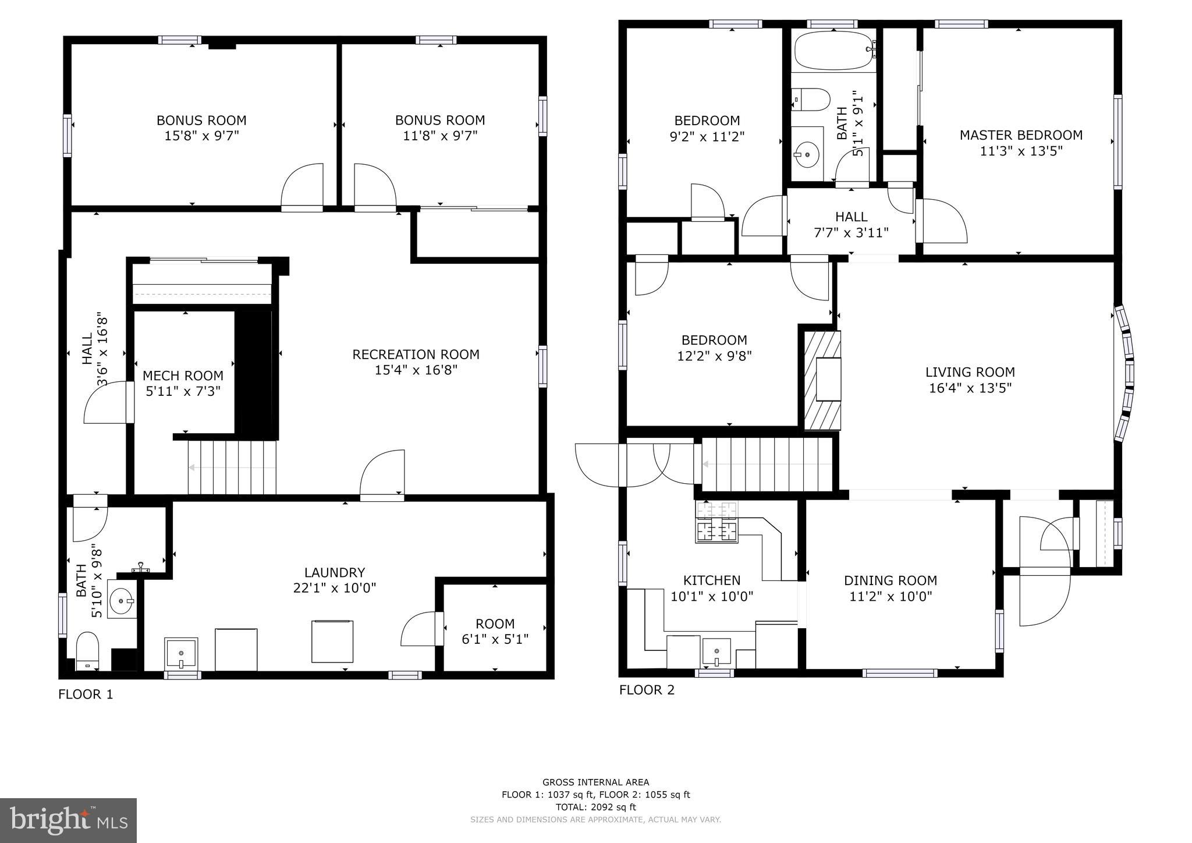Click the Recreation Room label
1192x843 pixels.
click(416, 354)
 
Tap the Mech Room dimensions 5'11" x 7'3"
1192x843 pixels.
click(183, 391)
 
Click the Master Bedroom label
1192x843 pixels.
click(1021, 135)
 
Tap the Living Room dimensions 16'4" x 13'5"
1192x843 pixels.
click(970, 388)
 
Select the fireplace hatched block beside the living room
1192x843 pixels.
click(822, 380)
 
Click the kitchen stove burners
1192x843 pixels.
click(716, 522)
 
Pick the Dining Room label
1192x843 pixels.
click(891, 580)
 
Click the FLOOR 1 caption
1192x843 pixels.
click(86, 695)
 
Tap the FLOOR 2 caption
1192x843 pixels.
click(647, 690)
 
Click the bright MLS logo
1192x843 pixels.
click(69, 820)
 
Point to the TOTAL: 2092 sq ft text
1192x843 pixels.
click(596, 807)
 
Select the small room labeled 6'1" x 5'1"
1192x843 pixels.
click(495, 628)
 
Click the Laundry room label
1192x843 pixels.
click(335, 572)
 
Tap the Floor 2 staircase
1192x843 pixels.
click(768, 465)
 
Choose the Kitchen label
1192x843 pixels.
click(712, 580)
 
